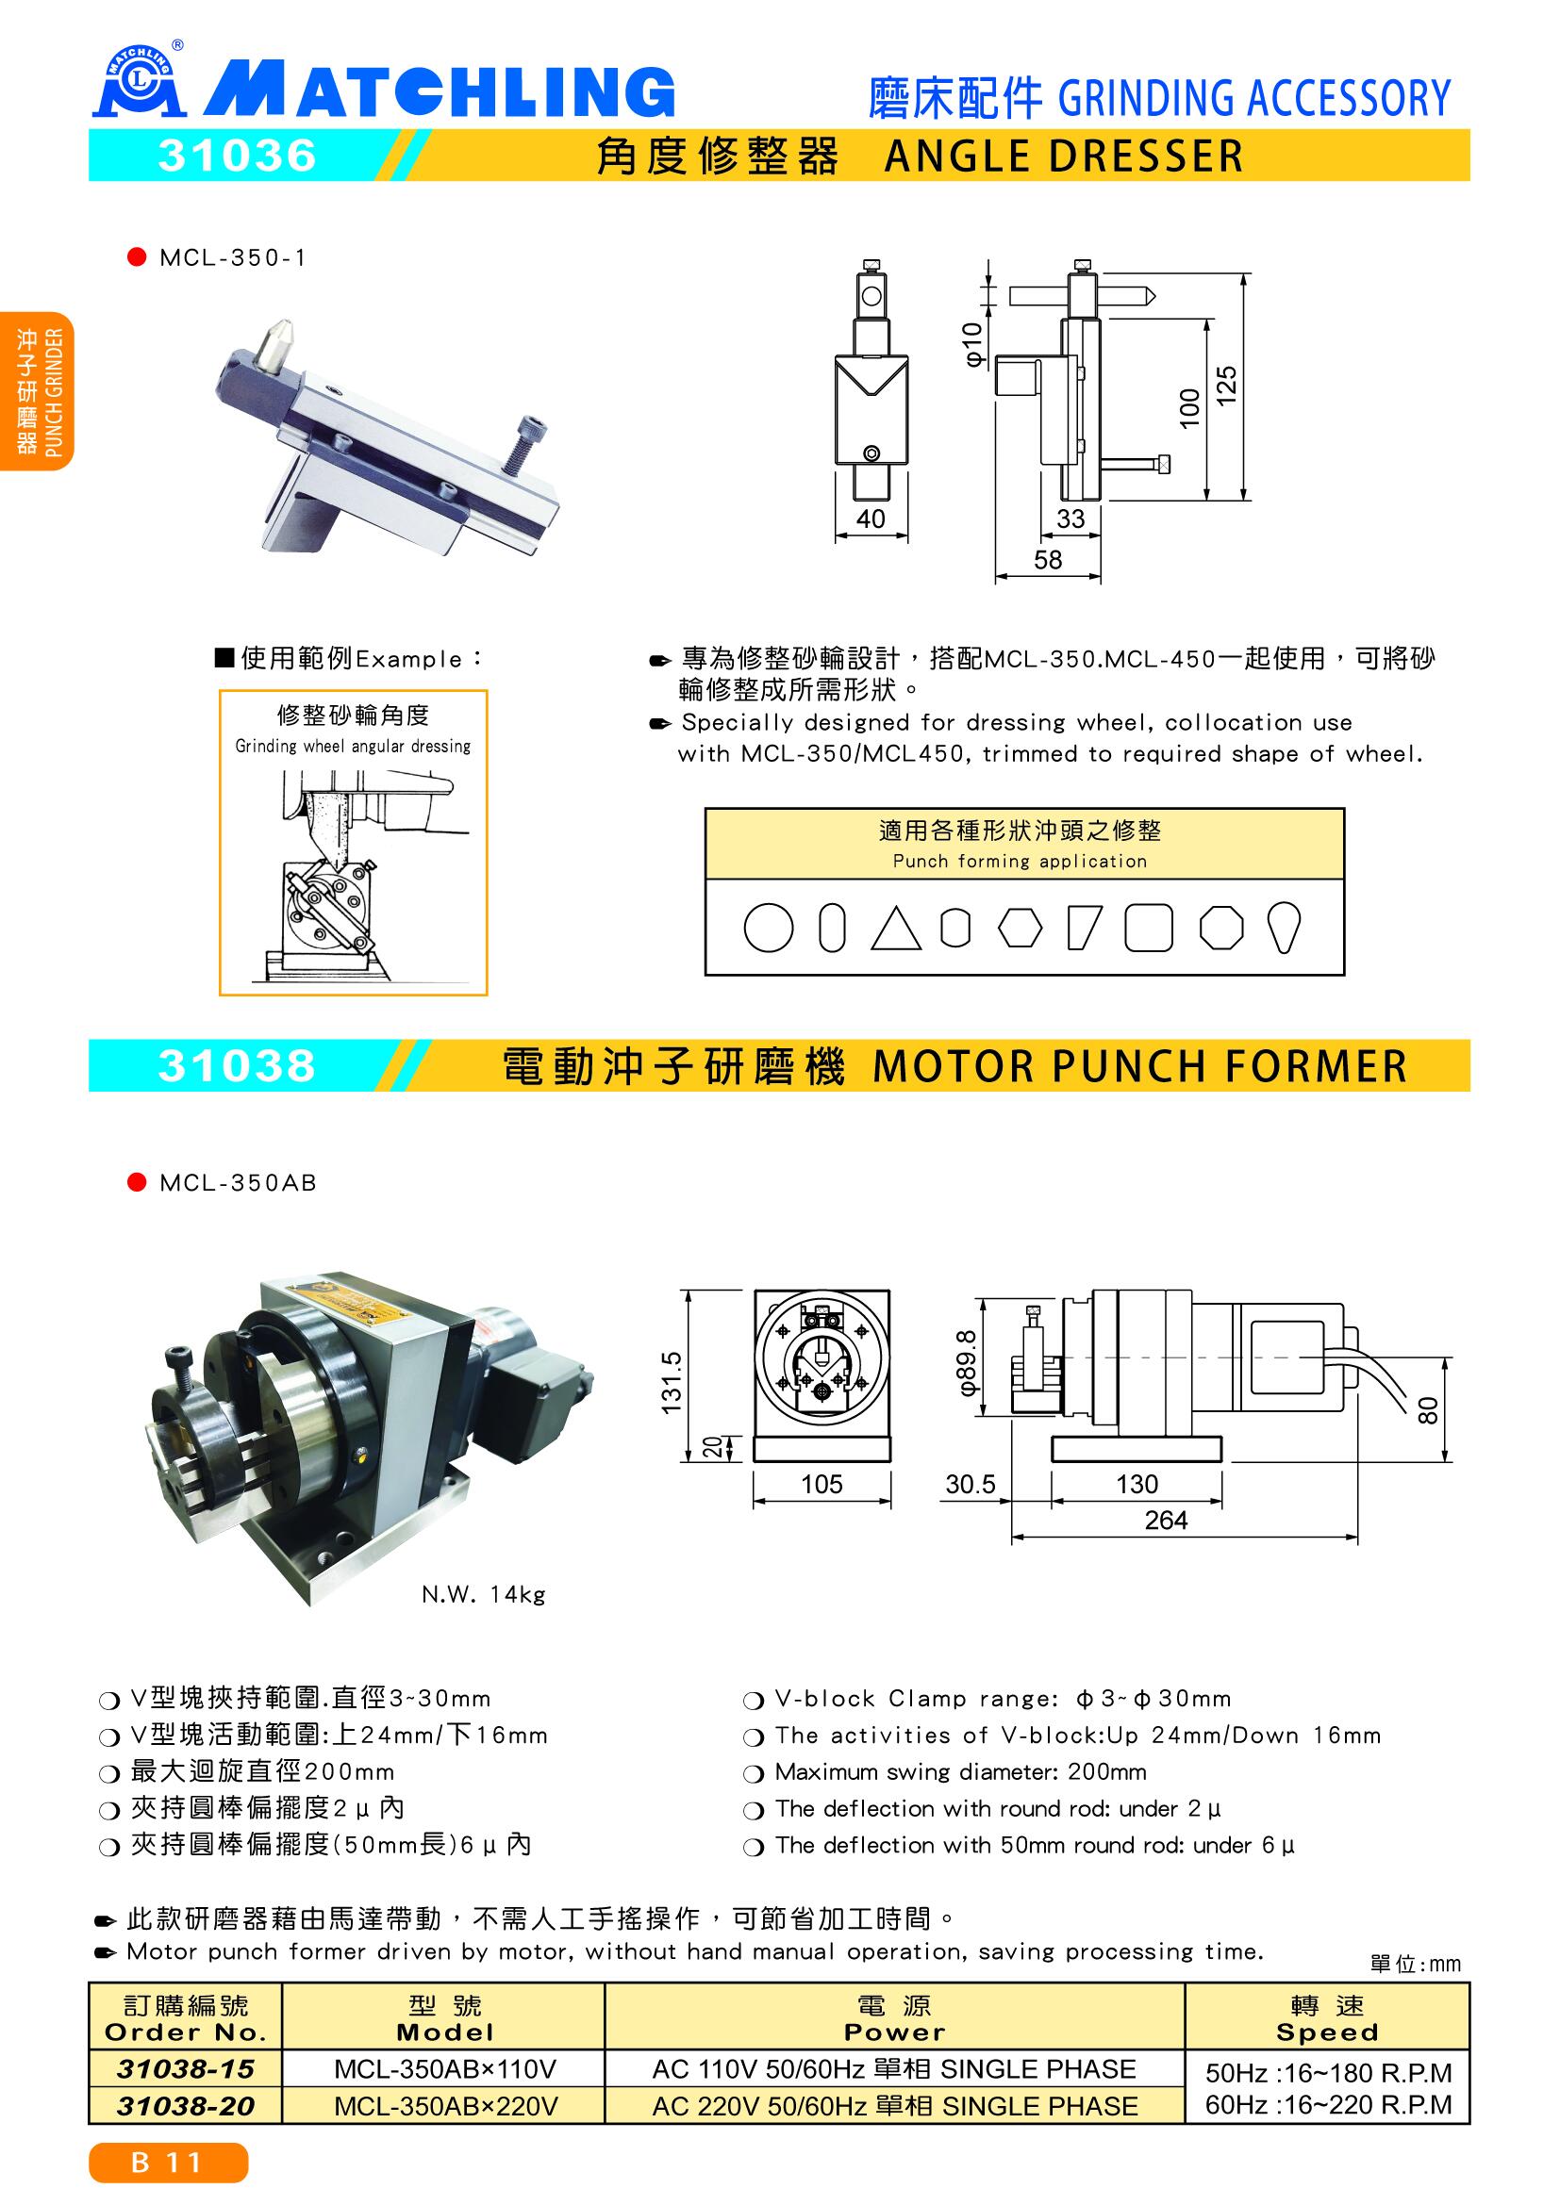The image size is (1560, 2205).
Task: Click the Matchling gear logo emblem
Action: pyautogui.click(x=137, y=84)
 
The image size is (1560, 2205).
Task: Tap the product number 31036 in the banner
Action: pyautogui.click(x=238, y=156)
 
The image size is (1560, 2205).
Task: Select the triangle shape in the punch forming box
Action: pyautogui.click(x=895, y=930)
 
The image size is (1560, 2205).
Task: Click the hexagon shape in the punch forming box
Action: pyautogui.click(x=1020, y=929)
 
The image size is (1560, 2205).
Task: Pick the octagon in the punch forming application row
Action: pyautogui.click(x=1221, y=929)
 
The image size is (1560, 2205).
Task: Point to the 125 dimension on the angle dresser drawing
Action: pyautogui.click(x=1227, y=387)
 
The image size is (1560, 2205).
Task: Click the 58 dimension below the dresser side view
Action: pyautogui.click(x=1048, y=559)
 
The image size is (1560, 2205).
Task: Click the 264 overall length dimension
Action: pyautogui.click(x=1165, y=1521)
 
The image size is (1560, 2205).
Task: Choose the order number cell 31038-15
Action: pyautogui.click(x=185, y=2068)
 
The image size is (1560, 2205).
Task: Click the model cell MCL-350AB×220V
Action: pyautogui.click(x=446, y=2106)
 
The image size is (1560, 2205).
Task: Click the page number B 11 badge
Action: pyautogui.click(x=168, y=2163)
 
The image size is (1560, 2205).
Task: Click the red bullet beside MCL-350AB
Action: pyautogui.click(x=137, y=1182)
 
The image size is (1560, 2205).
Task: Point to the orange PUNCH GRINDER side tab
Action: pyautogui.click(x=37, y=391)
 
